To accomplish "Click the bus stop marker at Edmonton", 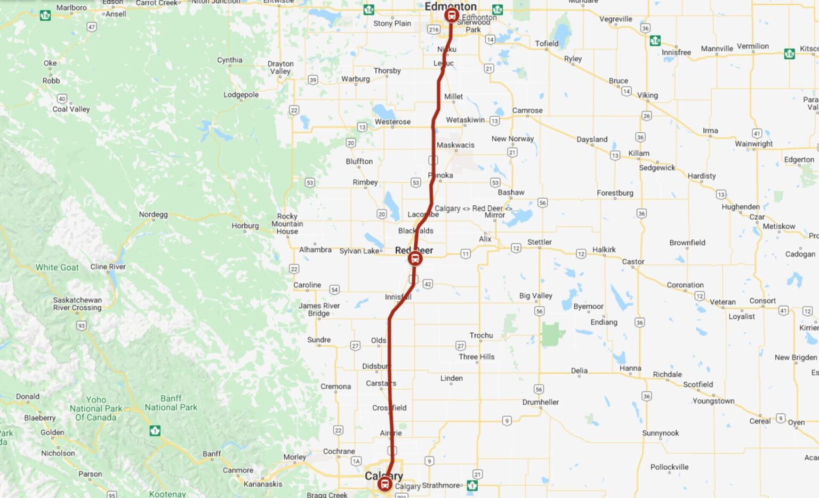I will pyautogui.click(x=452, y=15).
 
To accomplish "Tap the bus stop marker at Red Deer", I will pyautogui.click(x=415, y=259).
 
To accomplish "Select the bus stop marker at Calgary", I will pyautogui.click(x=384, y=484).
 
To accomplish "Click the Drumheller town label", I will pyautogui.click(x=541, y=402).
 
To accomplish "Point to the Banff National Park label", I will pyautogui.click(x=171, y=403).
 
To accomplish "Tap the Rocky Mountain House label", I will pyautogui.click(x=287, y=224).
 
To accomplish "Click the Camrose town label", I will pyautogui.click(x=527, y=110).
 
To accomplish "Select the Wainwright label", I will pyautogui.click(x=753, y=143).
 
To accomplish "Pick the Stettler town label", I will pyautogui.click(x=539, y=242).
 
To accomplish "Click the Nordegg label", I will pyautogui.click(x=153, y=214).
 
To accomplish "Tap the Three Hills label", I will pyautogui.click(x=476, y=357).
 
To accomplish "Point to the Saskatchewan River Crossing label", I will pyautogui.click(x=77, y=304).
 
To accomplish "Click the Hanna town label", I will pyautogui.click(x=630, y=368).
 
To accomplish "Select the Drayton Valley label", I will pyautogui.click(x=280, y=67).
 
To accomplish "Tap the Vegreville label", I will pyautogui.click(x=615, y=19).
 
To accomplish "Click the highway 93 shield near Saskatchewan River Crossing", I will pyautogui.click(x=82, y=325).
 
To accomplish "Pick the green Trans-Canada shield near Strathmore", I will pyautogui.click(x=472, y=485).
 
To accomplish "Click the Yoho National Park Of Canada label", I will pyautogui.click(x=96, y=408).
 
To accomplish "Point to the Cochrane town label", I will pyautogui.click(x=339, y=451).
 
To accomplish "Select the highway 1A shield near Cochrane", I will pyautogui.click(x=356, y=461).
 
